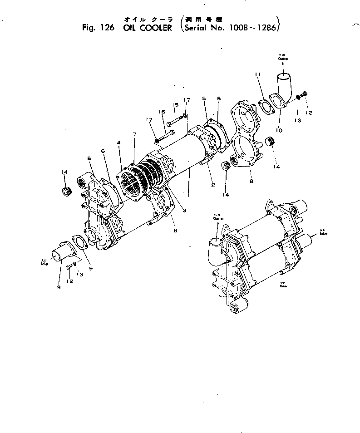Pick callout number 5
click(x=204, y=98)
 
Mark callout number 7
click(x=134, y=134)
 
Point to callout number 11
click(x=256, y=74)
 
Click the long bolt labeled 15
click(x=175, y=123)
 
